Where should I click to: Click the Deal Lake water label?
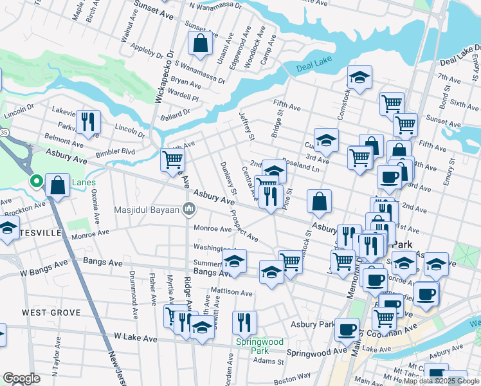[x=313, y=68]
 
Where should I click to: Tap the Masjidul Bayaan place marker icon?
[x=189, y=209]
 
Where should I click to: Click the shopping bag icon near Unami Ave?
[x=201, y=44]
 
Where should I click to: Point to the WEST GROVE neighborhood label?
[x=51, y=313]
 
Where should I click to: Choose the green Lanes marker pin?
[x=37, y=182]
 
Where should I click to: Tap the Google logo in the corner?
[x=21, y=378]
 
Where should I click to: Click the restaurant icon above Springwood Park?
[x=244, y=321]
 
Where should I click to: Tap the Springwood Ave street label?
[x=316, y=353]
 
